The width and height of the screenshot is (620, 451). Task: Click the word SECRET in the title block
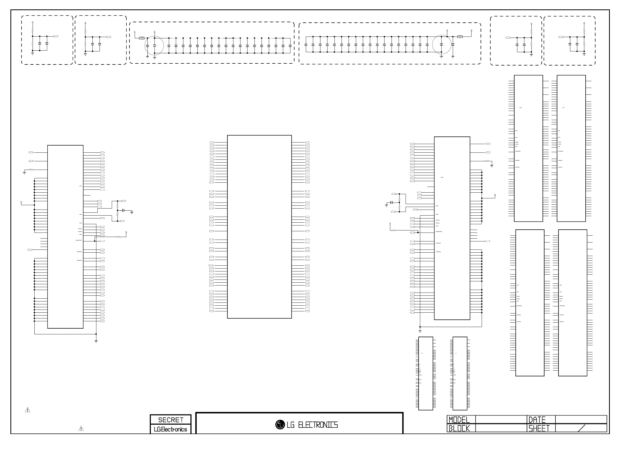(x=171, y=420)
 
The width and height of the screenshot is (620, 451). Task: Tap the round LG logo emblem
(x=280, y=425)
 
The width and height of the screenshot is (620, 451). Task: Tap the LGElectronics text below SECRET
(x=170, y=429)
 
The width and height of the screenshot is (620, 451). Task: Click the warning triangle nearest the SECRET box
(x=81, y=429)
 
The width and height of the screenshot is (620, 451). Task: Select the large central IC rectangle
(x=259, y=227)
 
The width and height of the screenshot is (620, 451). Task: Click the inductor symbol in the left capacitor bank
(x=142, y=38)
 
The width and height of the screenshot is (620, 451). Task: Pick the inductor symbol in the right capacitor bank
(x=460, y=37)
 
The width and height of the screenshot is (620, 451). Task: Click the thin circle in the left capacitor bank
(x=154, y=46)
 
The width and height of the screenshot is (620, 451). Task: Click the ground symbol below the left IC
(x=96, y=341)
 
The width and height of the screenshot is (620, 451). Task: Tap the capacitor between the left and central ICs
(x=123, y=210)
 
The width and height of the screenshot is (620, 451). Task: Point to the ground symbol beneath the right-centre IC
(x=420, y=331)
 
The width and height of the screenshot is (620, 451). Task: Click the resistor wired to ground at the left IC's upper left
(x=31, y=170)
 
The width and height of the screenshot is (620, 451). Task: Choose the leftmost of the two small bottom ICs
(x=426, y=373)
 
